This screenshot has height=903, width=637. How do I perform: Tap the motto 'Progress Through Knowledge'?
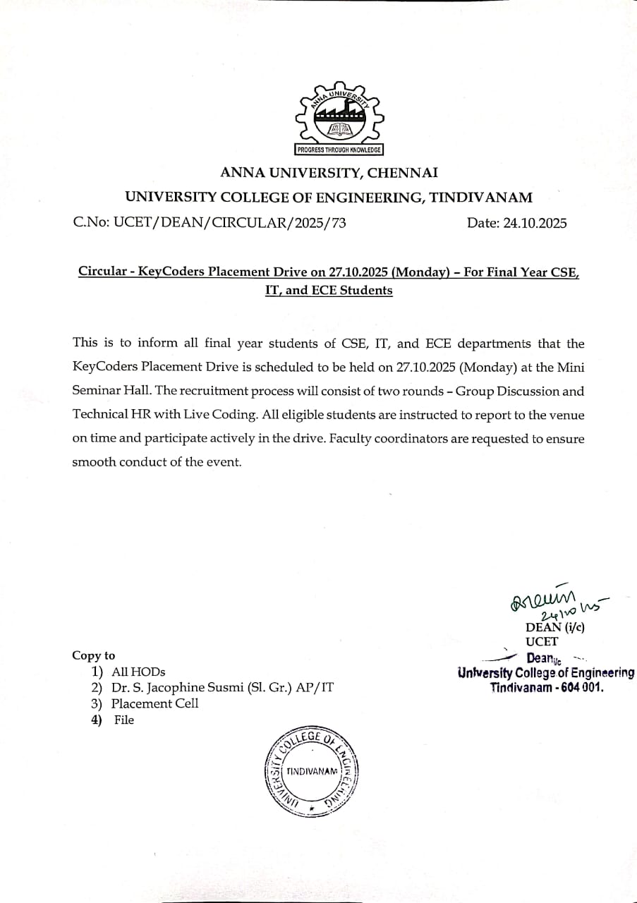pos(338,150)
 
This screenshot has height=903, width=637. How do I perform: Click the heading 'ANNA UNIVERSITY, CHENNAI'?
pos(329,172)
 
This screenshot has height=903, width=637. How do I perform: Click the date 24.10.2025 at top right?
pos(534,224)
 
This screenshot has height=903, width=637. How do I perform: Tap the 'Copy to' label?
pos(93,655)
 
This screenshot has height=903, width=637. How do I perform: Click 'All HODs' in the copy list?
pos(138,672)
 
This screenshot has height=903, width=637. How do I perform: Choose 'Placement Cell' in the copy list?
pos(154,703)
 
